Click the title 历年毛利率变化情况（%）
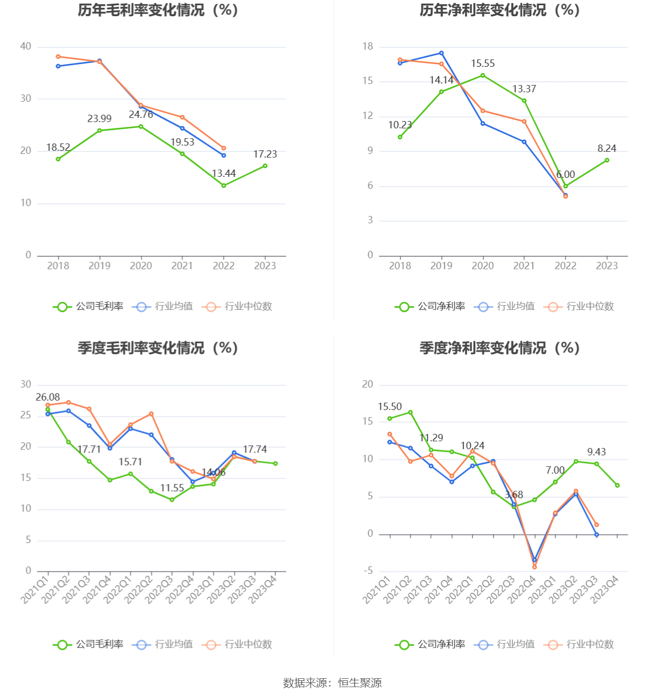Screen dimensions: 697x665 (x=158, y=10)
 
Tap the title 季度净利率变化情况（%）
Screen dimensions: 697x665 (x=500, y=348)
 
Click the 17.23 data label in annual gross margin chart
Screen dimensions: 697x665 (x=265, y=154)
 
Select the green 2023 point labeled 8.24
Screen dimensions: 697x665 (x=607, y=160)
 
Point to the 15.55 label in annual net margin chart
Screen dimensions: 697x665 (x=482, y=64)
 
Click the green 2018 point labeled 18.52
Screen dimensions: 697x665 (x=58, y=159)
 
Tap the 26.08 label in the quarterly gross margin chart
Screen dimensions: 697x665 (x=47, y=398)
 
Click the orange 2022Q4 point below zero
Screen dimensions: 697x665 (x=534, y=567)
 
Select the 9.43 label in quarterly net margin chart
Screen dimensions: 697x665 (x=596, y=452)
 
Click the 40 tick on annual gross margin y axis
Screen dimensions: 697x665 (x=26, y=46)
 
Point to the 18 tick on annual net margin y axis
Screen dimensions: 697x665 (x=368, y=46)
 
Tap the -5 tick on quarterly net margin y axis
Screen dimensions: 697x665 (x=368, y=571)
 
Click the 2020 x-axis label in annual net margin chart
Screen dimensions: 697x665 (x=482, y=266)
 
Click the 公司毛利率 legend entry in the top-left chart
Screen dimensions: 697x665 (x=88, y=307)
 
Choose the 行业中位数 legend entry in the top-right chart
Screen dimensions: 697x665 (x=579, y=307)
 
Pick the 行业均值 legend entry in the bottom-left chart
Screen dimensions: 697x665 (x=163, y=645)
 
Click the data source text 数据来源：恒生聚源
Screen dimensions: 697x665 (x=332, y=683)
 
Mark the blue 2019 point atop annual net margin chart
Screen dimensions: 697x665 (x=441, y=53)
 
